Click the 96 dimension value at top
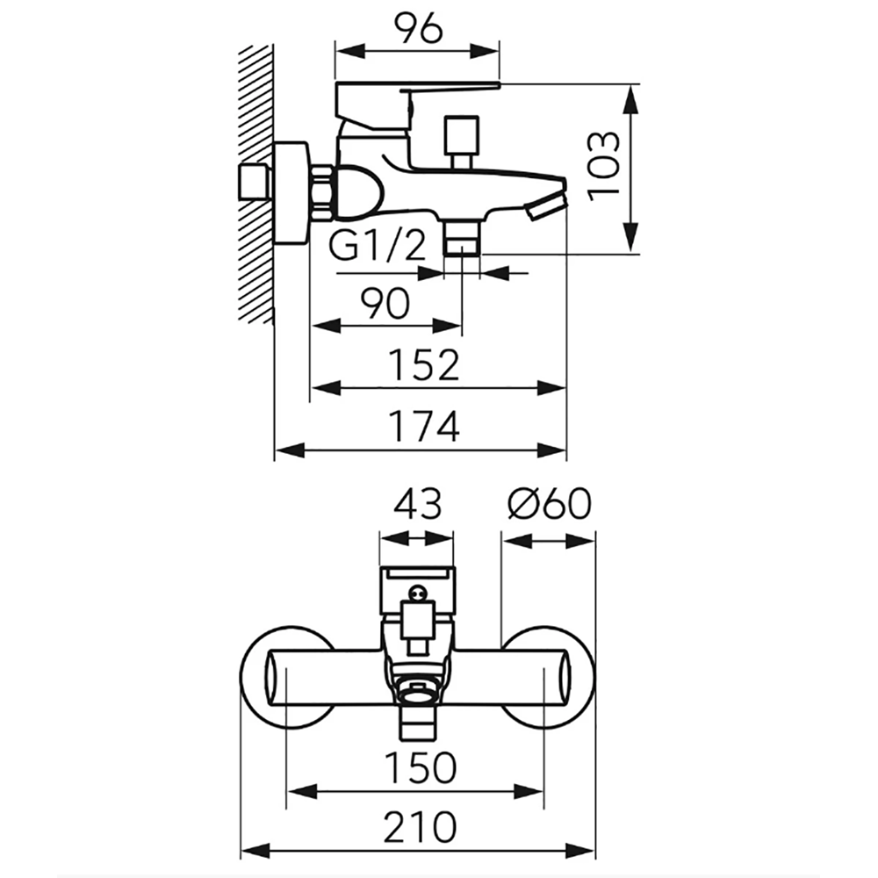[418, 29]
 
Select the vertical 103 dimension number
[604, 166]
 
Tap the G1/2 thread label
[378, 246]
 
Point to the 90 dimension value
[385, 304]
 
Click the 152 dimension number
[424, 364]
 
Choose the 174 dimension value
[424, 426]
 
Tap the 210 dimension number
[420, 827]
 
